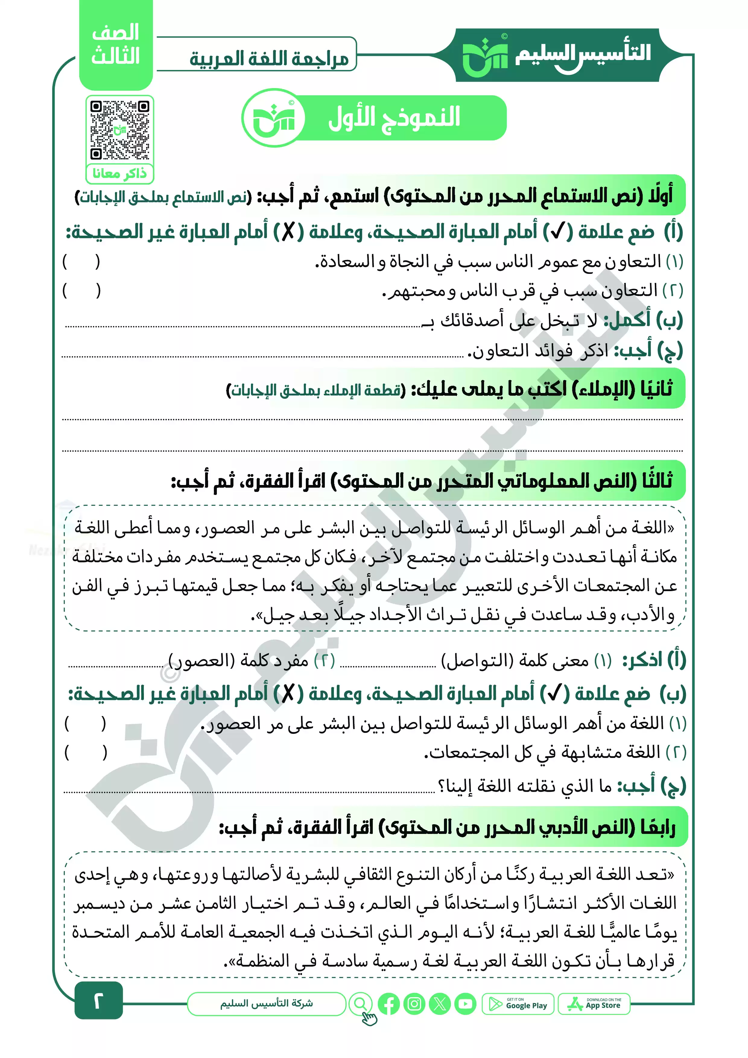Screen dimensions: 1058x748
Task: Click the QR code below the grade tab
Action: (x=119, y=130)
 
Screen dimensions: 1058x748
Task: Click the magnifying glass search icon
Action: (x=361, y=1003)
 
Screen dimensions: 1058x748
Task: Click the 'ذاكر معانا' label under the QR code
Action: (x=119, y=174)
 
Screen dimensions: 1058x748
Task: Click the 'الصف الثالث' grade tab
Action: (x=116, y=45)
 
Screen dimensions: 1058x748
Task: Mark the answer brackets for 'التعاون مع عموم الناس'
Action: (x=81, y=262)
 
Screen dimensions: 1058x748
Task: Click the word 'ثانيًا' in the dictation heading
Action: (x=657, y=388)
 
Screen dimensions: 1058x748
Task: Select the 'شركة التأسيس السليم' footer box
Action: (x=266, y=1004)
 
